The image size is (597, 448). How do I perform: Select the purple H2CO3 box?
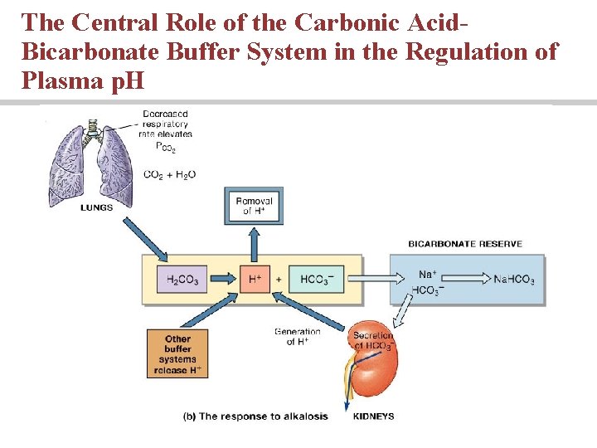click(182, 280)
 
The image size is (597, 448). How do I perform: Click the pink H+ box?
click(255, 280)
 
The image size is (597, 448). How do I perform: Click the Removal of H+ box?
click(254, 206)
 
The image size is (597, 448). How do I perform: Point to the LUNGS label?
click(97, 207)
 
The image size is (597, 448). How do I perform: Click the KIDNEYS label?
click(374, 416)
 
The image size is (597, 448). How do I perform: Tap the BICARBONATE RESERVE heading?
click(465, 244)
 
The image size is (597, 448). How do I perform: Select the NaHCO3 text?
click(513, 280)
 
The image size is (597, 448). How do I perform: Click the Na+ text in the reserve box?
click(427, 274)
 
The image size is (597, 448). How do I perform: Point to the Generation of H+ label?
click(297, 337)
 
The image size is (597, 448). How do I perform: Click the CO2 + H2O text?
click(169, 174)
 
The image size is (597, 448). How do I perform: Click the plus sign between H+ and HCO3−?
click(279, 280)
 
